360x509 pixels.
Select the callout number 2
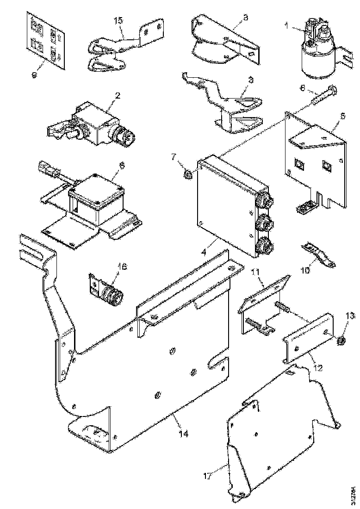pos(118,96)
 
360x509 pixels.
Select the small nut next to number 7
pos(188,175)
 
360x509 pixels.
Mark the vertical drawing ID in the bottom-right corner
pos(354,494)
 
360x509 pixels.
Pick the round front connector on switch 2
pos(126,137)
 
